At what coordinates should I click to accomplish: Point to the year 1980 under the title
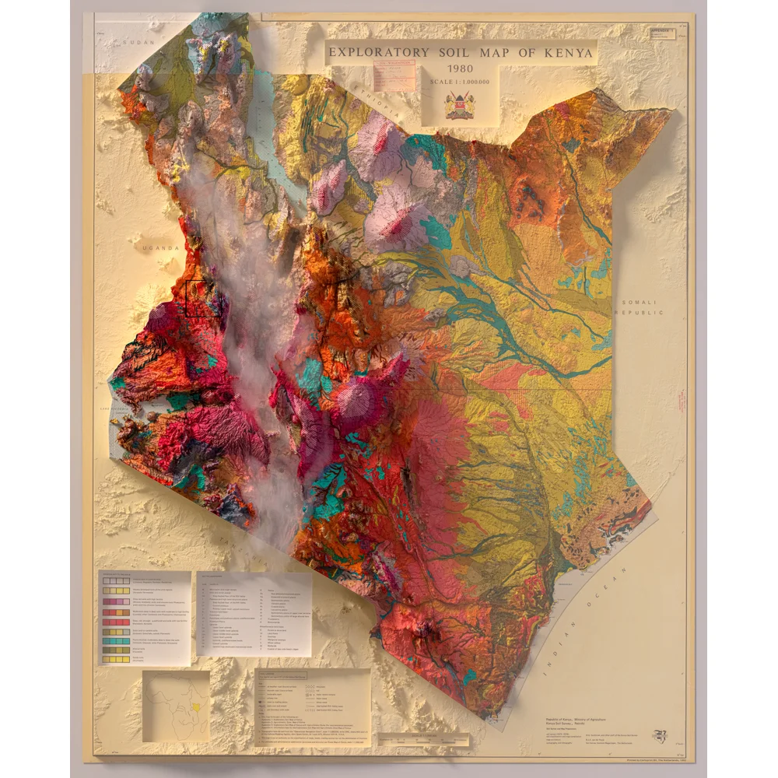pyautogui.click(x=460, y=68)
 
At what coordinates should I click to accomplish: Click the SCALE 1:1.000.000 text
pyautogui.click(x=460, y=82)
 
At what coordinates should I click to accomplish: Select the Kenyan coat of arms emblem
pyautogui.click(x=460, y=106)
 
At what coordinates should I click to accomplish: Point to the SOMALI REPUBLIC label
pyautogui.click(x=640, y=307)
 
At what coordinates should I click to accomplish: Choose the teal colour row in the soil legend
pyautogui.click(x=115, y=640)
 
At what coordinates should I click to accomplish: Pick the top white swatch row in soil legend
pyautogui.click(x=115, y=580)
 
